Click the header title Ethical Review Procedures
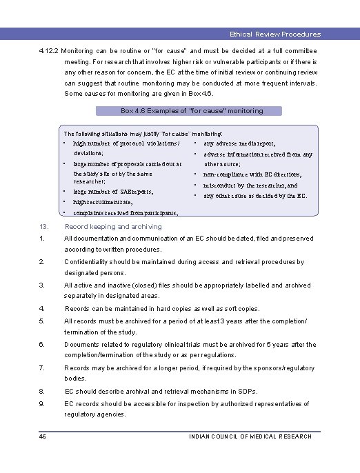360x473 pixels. (x=275, y=34)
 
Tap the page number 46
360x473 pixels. (x=43, y=436)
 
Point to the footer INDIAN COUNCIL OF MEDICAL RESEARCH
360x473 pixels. (x=250, y=436)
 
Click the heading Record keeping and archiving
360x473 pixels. (x=113, y=226)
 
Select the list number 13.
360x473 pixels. (x=43, y=226)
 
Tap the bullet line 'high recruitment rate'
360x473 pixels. (x=103, y=203)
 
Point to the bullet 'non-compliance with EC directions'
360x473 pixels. (x=252, y=175)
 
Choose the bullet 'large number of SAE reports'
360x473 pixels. (x=112, y=192)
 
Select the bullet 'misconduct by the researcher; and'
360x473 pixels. (x=250, y=185)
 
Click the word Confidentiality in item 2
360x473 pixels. (x=88, y=262)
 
